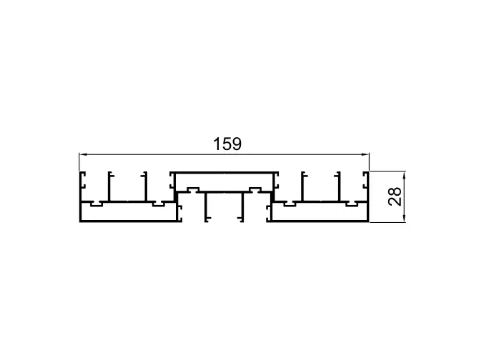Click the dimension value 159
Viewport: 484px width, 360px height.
[227, 144]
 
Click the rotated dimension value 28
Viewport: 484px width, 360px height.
[395, 196]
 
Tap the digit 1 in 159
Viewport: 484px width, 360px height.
[217, 144]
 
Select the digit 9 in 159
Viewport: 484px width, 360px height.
[237, 144]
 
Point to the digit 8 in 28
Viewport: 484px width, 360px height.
[395, 192]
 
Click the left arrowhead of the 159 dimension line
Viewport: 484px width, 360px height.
[82, 154]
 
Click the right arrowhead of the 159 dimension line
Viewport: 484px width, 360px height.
[366, 154]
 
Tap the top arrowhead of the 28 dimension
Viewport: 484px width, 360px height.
[404, 175]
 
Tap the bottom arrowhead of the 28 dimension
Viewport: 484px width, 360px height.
[404, 219]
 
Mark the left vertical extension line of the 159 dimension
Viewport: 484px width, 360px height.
[79, 161]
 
